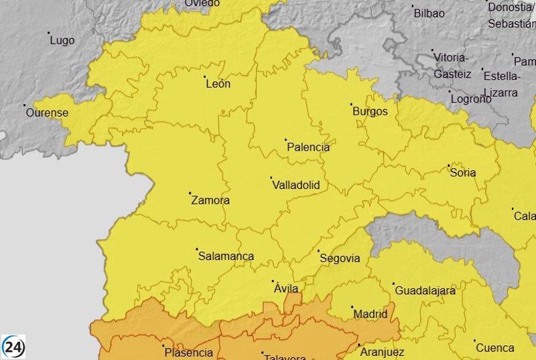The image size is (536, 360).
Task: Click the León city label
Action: (x=218, y=84)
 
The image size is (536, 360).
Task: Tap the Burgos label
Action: (x=370, y=112)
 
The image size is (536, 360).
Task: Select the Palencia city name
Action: (x=308, y=147)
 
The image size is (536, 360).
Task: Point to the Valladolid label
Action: (x=296, y=185)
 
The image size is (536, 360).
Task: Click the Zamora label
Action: (x=210, y=200)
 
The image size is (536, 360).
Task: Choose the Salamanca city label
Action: (x=226, y=256)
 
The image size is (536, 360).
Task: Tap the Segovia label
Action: (x=340, y=258)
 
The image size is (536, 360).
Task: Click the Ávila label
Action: (x=286, y=288)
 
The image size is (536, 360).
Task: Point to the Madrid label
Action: (x=370, y=314)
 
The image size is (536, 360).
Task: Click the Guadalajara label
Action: (x=425, y=291)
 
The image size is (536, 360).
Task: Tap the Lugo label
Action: (x=62, y=40)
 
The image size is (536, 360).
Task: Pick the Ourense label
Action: (x=47, y=113)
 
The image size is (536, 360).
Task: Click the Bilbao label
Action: (x=429, y=13)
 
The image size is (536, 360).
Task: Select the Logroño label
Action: (x=471, y=99)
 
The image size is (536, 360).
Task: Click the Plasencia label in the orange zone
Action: (x=188, y=353)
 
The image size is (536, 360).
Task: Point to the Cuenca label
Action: (x=495, y=348)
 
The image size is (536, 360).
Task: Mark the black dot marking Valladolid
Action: (x=271, y=178)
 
